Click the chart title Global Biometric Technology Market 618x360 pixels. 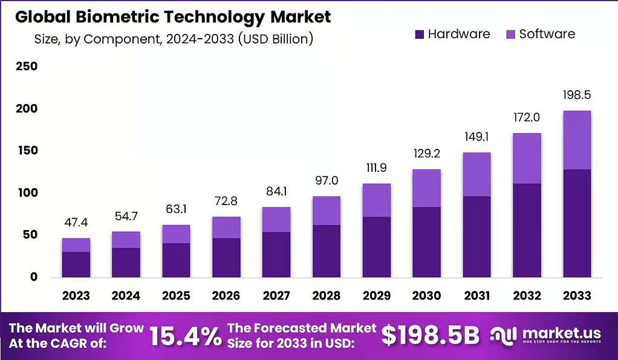[x=173, y=17]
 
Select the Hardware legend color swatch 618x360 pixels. [x=420, y=34]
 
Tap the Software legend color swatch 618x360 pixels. [x=510, y=34]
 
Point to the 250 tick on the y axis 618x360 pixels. [x=27, y=66]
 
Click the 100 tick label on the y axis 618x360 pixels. [x=27, y=192]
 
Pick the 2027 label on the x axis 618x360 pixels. [x=276, y=295]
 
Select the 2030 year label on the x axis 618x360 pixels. [x=426, y=295]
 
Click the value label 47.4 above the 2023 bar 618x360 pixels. [x=76, y=223]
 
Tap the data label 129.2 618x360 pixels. [x=426, y=154]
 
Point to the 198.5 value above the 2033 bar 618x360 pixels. [x=577, y=95]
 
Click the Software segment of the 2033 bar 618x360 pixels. [x=577, y=140]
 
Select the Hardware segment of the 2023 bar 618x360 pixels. [x=76, y=264]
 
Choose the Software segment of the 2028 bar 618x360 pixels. [x=327, y=211]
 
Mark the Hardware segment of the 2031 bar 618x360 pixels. [x=477, y=237]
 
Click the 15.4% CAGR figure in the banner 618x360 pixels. [x=186, y=336]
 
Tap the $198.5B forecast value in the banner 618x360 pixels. [x=431, y=336]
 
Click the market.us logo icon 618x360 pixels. [x=503, y=336]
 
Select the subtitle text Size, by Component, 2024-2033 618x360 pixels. [x=134, y=39]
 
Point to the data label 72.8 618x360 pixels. [x=226, y=201]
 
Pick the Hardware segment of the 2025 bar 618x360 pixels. [x=176, y=260]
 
